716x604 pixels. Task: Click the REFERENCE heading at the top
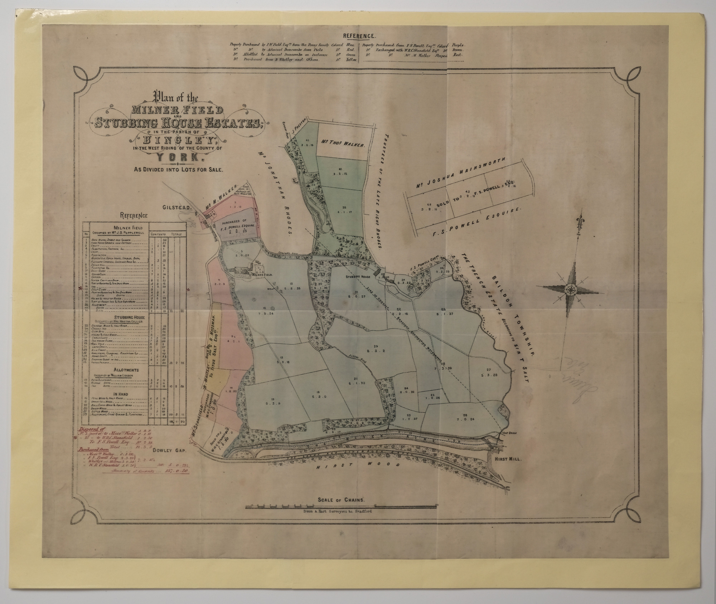pos(359,36)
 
